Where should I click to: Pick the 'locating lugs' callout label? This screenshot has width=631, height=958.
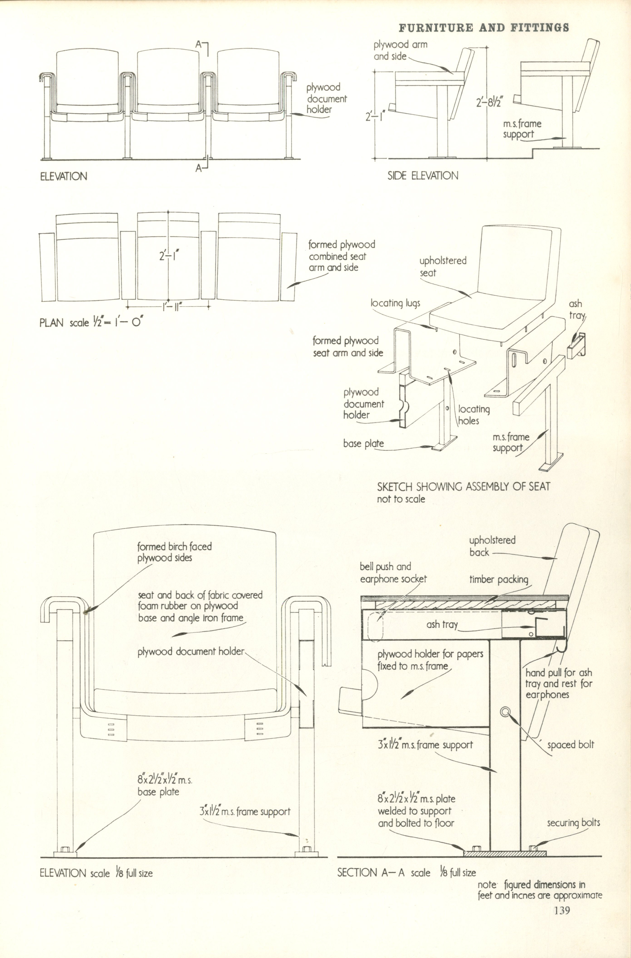coord(395,303)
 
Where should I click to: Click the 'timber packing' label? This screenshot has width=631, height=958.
coord(499,579)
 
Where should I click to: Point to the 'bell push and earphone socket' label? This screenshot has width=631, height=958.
coord(393,573)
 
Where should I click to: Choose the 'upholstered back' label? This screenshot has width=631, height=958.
coord(492,546)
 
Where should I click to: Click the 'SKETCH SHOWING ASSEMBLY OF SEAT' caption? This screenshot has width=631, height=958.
coord(463,487)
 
